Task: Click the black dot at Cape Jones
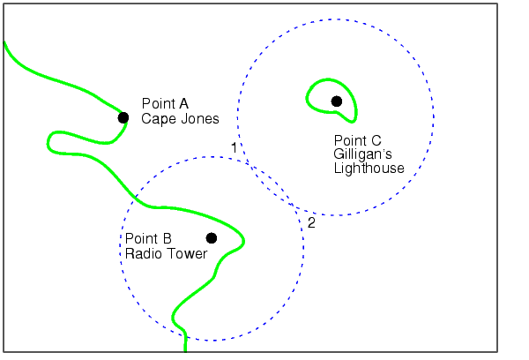coord(123,117)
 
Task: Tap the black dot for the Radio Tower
coord(212,238)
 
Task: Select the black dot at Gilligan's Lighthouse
coord(337,101)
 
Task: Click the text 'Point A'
coord(165,104)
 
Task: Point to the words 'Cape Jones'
coord(180,119)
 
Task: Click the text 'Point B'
coord(148,239)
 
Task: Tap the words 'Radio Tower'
coord(166,253)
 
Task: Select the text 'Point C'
coord(358,140)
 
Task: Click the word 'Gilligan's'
coord(362,154)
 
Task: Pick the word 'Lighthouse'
coord(369,168)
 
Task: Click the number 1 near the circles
coord(235,148)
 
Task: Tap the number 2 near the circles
coord(311,223)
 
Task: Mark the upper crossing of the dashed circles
coord(247,163)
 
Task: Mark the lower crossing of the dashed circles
coord(293,206)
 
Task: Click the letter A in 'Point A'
coord(183,104)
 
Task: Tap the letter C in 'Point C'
coord(376,140)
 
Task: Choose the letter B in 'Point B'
coord(168,239)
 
